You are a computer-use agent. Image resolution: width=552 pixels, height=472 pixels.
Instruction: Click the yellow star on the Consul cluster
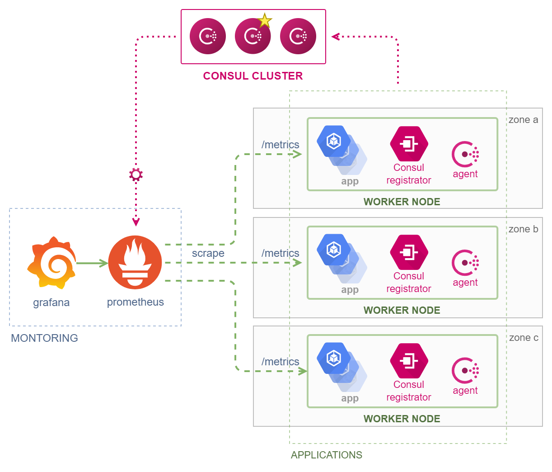264,21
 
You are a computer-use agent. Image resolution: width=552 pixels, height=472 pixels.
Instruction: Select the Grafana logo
51,262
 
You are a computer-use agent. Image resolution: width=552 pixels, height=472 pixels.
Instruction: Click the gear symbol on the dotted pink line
136,175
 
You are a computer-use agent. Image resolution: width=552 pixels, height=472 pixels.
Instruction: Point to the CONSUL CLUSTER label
253,76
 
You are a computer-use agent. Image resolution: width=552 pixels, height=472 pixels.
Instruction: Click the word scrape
208,253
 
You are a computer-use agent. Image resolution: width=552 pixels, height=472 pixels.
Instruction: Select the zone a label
523,119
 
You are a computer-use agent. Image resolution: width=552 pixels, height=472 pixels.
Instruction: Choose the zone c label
524,338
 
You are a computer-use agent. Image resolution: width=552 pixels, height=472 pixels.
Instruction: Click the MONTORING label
44,338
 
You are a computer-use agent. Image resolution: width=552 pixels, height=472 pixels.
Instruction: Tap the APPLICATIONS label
326,455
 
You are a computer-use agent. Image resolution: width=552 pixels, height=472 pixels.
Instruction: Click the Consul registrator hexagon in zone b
409,252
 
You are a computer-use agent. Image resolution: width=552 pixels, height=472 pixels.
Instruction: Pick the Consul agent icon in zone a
465,154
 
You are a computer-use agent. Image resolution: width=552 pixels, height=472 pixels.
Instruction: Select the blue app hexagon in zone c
333,358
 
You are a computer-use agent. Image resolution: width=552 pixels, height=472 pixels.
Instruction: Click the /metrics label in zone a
280,145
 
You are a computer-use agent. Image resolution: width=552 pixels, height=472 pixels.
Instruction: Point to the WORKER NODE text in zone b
402,310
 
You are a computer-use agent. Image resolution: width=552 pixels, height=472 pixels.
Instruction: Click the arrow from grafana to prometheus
92,263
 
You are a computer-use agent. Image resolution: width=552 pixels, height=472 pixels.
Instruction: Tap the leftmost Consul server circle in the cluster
207,36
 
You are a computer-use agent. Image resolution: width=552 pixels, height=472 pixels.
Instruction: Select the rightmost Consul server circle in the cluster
298,36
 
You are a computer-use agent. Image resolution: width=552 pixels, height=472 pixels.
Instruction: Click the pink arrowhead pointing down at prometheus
136,222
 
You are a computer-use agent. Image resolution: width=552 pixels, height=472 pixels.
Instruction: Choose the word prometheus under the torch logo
135,302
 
